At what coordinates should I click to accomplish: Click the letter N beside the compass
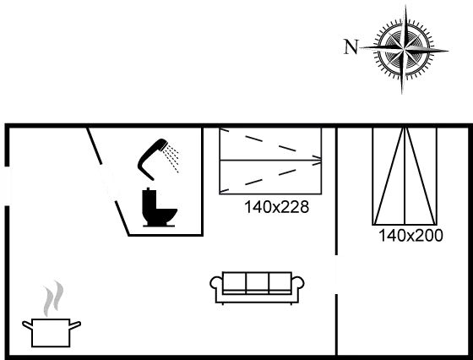351,46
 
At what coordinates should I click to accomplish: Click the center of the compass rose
404,48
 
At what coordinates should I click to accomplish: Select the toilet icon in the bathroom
160,207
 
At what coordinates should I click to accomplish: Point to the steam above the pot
53,297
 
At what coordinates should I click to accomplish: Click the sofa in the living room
257,288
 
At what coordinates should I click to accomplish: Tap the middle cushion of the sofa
258,283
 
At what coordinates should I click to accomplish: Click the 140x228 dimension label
277,207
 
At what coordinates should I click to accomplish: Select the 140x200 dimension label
410,236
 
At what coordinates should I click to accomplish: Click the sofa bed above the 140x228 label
270,161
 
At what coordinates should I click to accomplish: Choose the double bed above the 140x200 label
405,177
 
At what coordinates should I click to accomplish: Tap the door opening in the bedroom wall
336,275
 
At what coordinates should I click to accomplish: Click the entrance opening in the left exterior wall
7,186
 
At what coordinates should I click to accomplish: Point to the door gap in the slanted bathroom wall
108,182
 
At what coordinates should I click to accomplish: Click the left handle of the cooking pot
27,325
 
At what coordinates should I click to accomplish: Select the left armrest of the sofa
216,284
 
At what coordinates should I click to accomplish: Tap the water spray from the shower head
171,158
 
